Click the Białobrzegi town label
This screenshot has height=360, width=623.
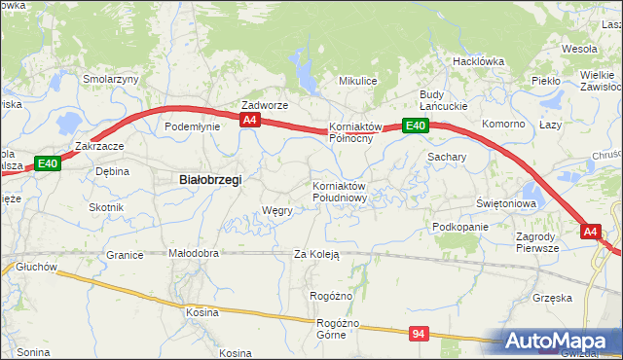(210, 179)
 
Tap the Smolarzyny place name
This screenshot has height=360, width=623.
(111, 80)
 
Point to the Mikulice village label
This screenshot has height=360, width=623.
(357, 81)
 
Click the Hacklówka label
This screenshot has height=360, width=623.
(478, 61)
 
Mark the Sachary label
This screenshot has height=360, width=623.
(447, 156)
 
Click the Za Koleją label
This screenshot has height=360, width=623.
(316, 255)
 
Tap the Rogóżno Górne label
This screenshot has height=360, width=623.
(340, 329)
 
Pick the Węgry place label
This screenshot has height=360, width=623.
(277, 210)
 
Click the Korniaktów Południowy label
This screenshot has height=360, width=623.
(339, 191)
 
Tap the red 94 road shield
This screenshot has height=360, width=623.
(419, 334)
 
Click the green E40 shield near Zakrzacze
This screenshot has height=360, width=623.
(48, 164)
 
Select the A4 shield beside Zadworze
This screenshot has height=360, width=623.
(250, 120)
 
